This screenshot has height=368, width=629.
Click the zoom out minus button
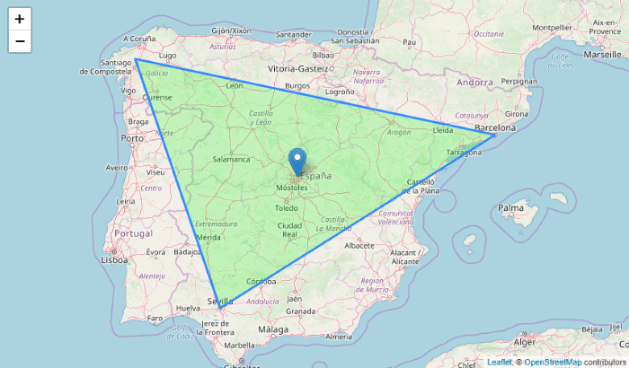20,42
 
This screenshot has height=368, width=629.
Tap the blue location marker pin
297,162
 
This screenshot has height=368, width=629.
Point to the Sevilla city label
220,301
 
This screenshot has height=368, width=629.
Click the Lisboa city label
115,259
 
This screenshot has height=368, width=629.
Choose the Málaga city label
273,330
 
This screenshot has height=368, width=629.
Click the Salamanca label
231,159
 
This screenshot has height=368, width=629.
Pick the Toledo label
287,207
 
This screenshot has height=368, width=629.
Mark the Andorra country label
474,82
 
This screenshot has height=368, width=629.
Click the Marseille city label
602,54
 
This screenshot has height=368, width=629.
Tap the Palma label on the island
510,208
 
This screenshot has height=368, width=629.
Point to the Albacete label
359,244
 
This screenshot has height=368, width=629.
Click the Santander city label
295,36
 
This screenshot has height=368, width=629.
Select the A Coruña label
139,39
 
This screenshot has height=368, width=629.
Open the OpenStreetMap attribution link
553,362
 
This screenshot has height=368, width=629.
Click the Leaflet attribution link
499,362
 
